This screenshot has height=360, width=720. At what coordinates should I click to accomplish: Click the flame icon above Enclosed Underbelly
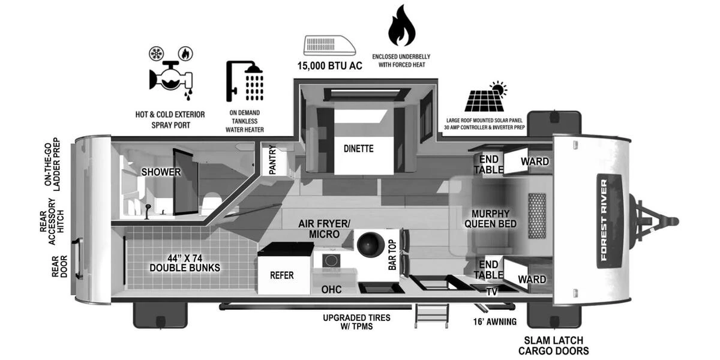click(x=401, y=26)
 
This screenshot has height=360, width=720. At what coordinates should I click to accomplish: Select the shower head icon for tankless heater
click(x=246, y=82)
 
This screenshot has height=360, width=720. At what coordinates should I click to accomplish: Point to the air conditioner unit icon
click(x=329, y=45)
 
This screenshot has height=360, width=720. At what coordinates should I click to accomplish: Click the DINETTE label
click(x=358, y=148)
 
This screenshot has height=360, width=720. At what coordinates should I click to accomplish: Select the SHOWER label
click(x=161, y=172)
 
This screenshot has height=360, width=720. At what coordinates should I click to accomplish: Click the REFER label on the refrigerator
click(x=282, y=275)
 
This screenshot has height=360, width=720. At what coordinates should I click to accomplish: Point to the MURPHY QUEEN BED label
click(x=490, y=219)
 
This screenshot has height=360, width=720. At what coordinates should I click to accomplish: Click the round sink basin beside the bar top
click(x=371, y=245)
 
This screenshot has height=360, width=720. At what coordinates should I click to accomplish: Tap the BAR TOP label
click(x=392, y=254)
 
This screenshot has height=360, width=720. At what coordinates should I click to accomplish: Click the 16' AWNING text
click(x=494, y=322)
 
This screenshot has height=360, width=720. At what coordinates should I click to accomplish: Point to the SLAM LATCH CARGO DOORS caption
click(x=553, y=346)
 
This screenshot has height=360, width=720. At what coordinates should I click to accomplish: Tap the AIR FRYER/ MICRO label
click(x=324, y=229)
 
